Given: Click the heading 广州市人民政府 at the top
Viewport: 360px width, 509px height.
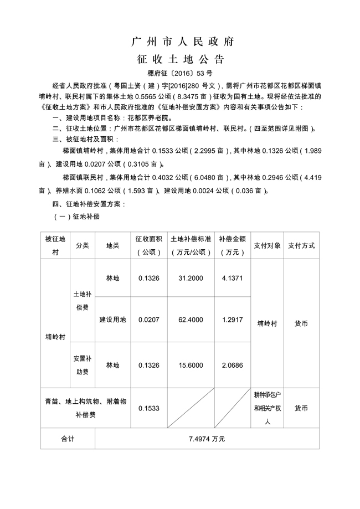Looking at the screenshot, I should (x=180, y=42).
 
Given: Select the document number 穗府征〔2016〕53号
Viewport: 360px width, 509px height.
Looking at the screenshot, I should (x=180, y=73).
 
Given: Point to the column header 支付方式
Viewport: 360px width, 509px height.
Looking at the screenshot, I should (x=301, y=245).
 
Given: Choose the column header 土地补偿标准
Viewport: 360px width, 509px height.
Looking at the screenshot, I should (x=191, y=245).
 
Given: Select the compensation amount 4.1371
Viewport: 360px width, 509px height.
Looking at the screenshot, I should (x=232, y=278).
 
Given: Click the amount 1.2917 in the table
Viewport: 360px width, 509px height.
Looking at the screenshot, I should (x=232, y=320).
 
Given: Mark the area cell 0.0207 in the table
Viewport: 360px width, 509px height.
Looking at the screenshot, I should (x=148, y=320).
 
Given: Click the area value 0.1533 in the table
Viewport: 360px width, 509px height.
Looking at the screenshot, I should (x=148, y=408).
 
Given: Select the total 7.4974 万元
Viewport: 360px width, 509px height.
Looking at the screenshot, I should (x=207, y=438).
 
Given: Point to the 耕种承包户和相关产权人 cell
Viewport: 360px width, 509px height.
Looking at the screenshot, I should (x=268, y=408).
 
